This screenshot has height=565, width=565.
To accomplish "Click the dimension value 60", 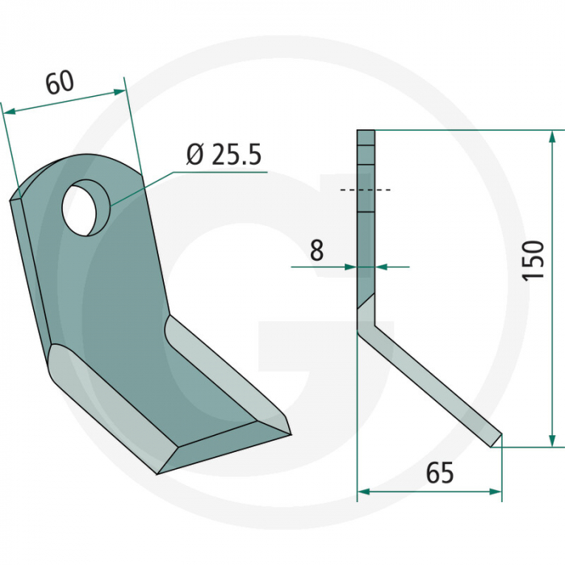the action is tap(60, 82).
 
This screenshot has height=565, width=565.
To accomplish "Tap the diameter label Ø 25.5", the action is tap(224, 154).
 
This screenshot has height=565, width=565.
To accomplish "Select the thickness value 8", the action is tap(316, 250).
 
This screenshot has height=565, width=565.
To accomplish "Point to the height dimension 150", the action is tap(533, 260).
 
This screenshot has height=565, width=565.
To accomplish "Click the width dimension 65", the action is tap(440, 473).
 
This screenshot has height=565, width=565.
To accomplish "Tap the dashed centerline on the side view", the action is tap(366, 190).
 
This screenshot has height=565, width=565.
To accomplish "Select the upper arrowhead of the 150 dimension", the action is tap(551, 138).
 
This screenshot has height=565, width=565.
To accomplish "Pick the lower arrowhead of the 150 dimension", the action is tap(551, 440).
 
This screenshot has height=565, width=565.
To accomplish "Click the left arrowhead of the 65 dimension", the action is tap(364, 491).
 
